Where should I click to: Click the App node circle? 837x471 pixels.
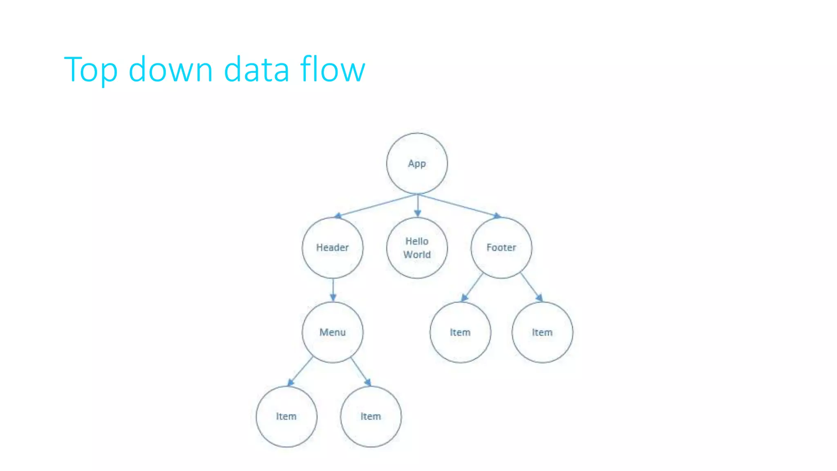coord(417,164)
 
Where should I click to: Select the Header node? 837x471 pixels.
coord(332,248)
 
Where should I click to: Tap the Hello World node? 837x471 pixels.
coord(417,248)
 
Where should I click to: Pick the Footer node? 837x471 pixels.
coord(501,248)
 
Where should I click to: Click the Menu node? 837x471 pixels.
coord(332,332)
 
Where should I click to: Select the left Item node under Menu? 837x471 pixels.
coord(286,416)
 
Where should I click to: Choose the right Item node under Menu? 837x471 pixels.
coord(371,416)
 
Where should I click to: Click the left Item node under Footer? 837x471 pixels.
coord(460,332)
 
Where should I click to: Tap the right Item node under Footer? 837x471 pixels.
coord(542,332)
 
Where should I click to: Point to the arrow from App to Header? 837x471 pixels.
coord(376,205)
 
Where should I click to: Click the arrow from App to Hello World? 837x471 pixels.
coord(417,205)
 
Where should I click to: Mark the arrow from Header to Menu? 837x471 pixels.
coord(333,290)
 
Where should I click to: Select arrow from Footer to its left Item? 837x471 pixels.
coord(472,287)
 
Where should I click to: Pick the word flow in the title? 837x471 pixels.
coord(332,70)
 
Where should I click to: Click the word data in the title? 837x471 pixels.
coord(256,70)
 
